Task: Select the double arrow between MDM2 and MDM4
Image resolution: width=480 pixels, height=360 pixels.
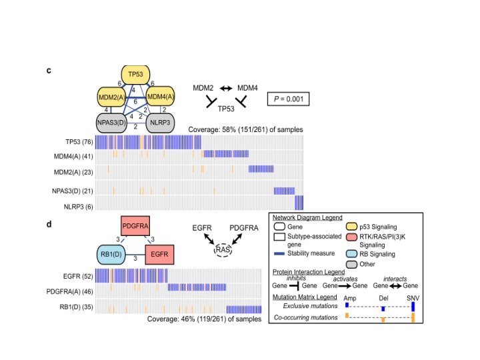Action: coord(225,87)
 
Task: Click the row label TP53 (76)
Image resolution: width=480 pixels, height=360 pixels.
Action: coord(79,142)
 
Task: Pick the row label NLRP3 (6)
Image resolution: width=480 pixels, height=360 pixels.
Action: coord(78,207)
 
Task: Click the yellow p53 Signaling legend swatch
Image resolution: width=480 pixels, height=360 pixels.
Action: coord(351,227)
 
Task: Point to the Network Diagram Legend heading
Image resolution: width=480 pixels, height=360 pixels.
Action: coord(307,217)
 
